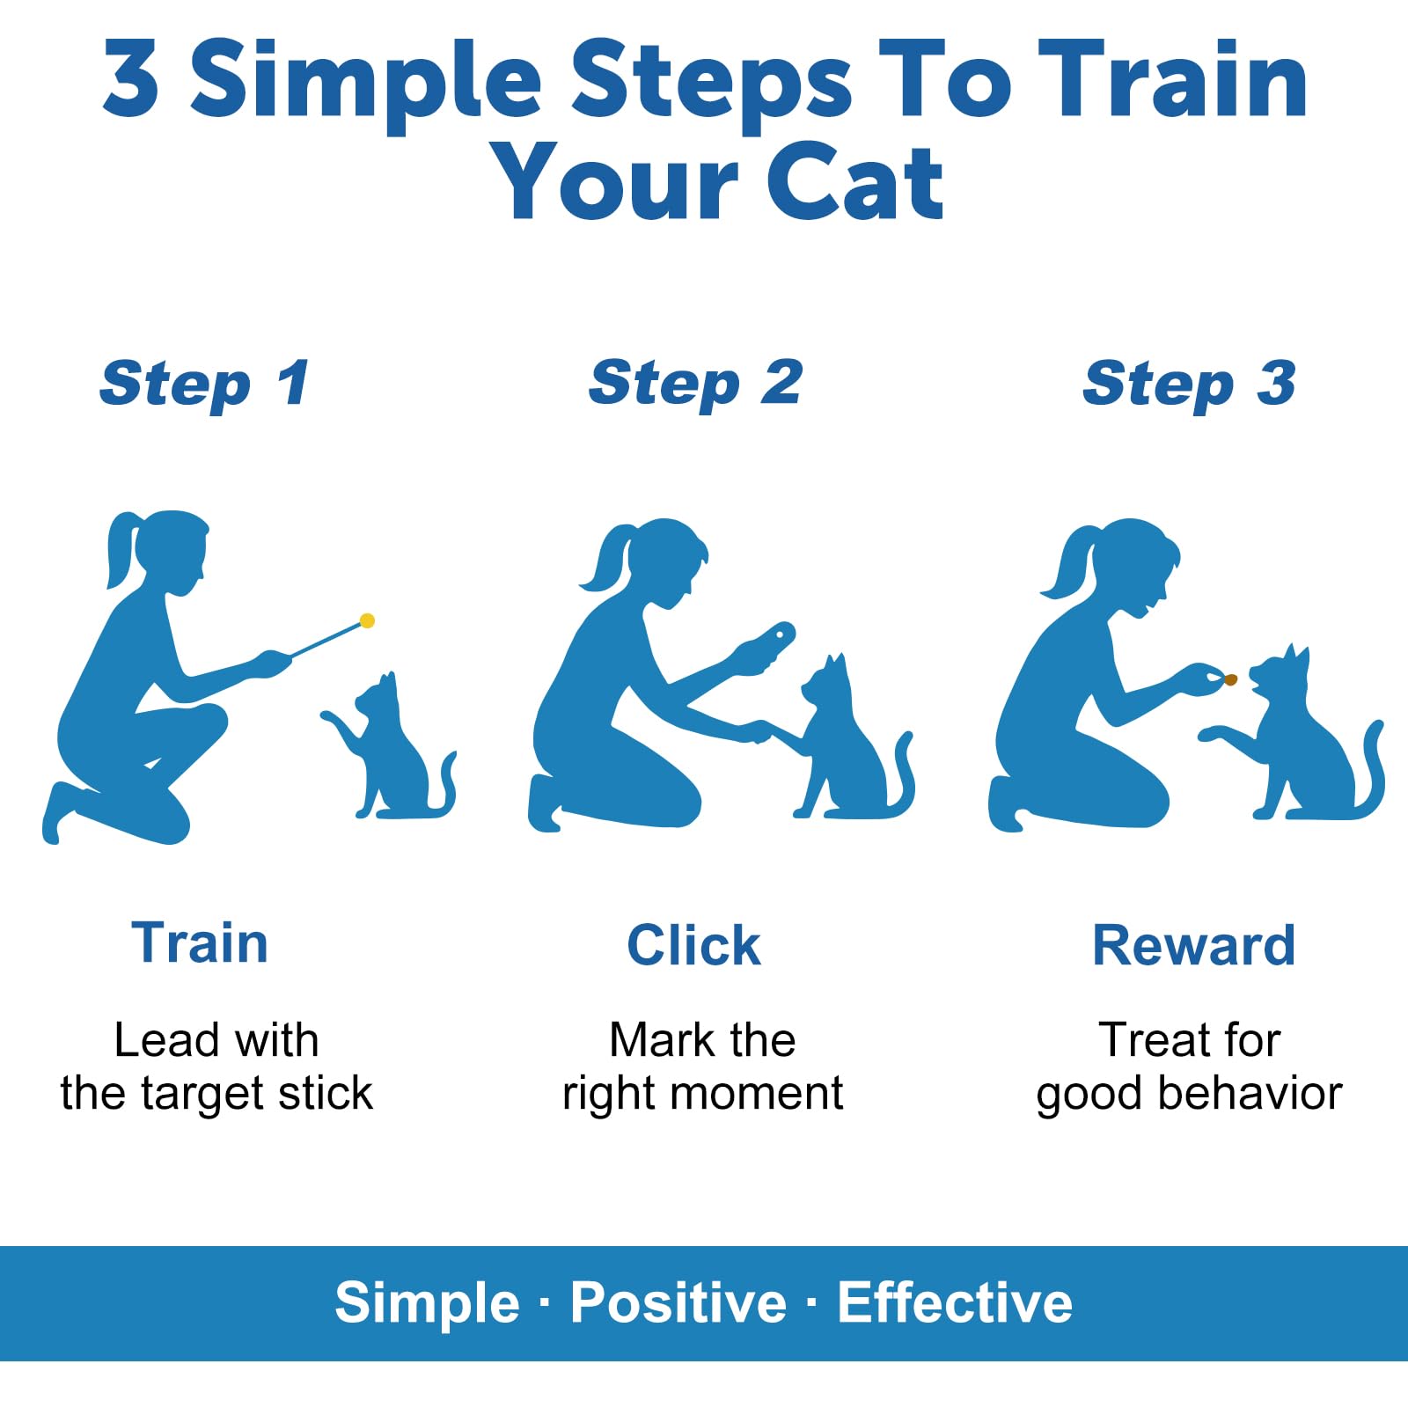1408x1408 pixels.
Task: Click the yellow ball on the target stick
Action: pos(368,621)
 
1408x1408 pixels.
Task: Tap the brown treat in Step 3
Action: pos(1230,679)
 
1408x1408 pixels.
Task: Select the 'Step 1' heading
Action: pos(204,385)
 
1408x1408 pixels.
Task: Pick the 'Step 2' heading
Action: pos(695,385)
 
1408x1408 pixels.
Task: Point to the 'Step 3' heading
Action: pos(1189,385)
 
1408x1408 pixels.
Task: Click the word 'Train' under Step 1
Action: pos(200,943)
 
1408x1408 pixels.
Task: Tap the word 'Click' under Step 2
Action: pos(693,946)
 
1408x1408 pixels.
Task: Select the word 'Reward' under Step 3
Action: pos(1193,946)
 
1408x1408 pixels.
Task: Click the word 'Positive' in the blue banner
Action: pos(678,1302)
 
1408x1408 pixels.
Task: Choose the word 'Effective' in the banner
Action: pos(955,1302)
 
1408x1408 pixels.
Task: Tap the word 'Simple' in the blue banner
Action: pos(427,1302)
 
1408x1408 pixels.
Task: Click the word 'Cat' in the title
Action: pos(854,183)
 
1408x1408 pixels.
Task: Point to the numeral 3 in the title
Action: pos(131,79)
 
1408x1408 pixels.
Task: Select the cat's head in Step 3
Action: pos(1280,678)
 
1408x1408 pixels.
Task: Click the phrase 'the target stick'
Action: pos(216,1094)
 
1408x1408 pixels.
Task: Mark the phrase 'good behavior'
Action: pos(1189,1094)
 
